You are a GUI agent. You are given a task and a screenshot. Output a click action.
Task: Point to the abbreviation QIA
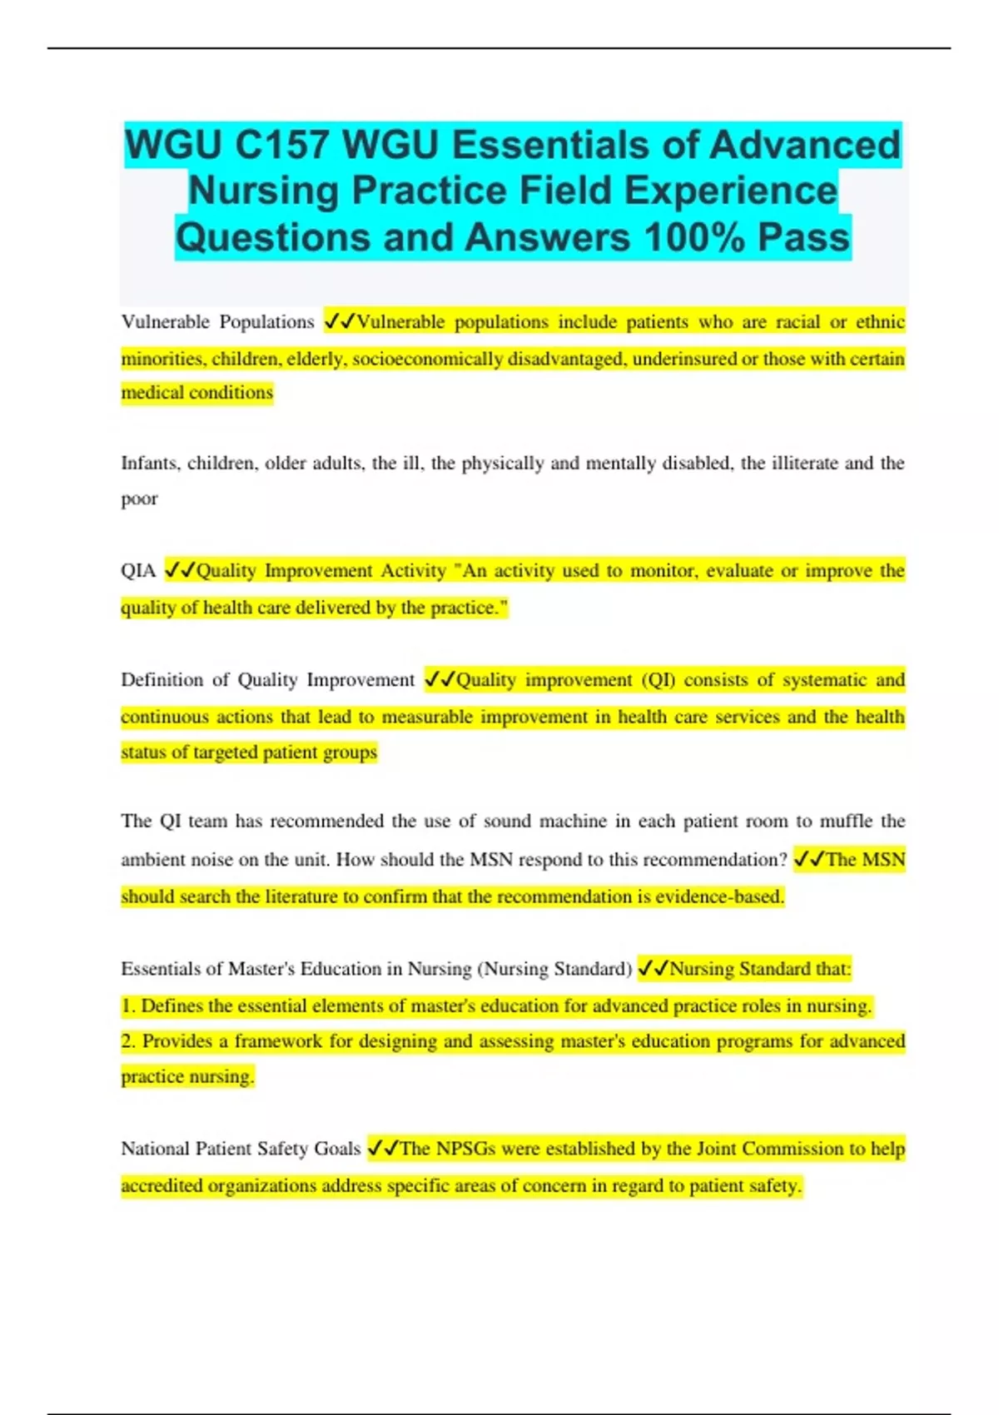pyautogui.click(x=138, y=571)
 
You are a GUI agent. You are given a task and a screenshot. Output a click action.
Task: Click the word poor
pyautogui.click(x=139, y=499)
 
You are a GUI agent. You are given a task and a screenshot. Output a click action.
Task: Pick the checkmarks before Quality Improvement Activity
pyautogui.click(x=180, y=571)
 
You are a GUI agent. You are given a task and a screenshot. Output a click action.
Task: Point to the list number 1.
pyautogui.click(x=127, y=1005)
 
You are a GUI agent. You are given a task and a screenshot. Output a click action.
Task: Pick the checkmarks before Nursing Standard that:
pyautogui.click(x=653, y=969)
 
